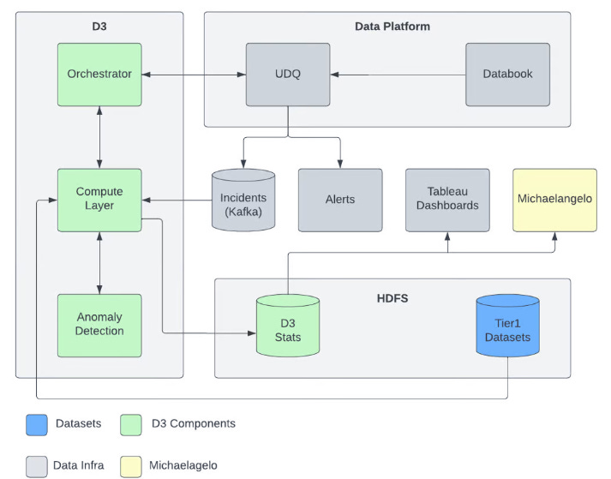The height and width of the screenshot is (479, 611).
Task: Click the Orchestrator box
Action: coord(99,75)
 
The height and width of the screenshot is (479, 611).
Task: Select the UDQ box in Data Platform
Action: coord(288,75)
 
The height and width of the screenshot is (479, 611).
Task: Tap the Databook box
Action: coord(507,75)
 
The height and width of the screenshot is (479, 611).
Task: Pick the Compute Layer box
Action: coord(99,200)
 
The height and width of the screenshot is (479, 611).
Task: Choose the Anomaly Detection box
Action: coord(99,325)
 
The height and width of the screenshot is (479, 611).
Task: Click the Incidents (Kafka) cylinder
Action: coord(243,201)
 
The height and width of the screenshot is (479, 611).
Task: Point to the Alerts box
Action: coord(340,200)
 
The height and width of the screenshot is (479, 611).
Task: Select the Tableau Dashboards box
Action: coord(447,200)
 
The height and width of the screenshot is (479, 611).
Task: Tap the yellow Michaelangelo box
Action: coord(554,200)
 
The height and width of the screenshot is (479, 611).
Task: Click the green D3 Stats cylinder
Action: coord(288,326)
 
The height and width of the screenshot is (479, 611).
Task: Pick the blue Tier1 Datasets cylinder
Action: coord(507,326)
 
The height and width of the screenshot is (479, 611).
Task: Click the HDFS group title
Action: coord(392,299)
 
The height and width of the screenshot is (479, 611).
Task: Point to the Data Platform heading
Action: coord(392,27)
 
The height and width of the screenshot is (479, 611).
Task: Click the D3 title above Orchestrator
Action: coord(99,27)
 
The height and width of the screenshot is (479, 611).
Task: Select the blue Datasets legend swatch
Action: coord(36,423)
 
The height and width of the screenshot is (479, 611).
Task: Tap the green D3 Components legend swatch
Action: coord(132,423)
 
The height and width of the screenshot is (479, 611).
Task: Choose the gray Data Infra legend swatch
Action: coord(36,465)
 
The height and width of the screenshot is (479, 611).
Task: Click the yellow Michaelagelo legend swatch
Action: coord(132,465)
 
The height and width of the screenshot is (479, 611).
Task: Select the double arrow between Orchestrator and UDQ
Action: coord(194,75)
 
